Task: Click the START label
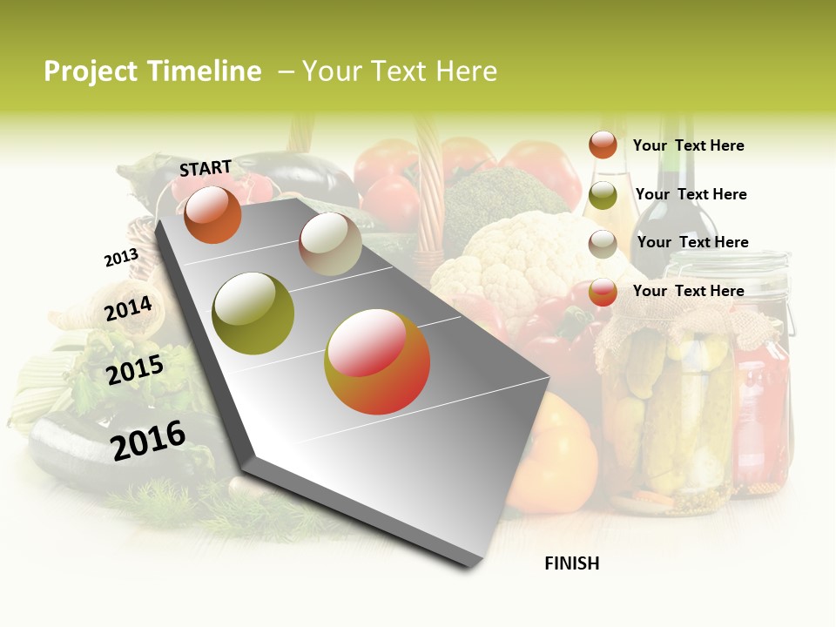coord(206,168)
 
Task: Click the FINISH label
coord(572,563)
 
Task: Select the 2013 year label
coord(121,258)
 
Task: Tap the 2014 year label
coord(129,308)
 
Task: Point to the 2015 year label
coord(135,370)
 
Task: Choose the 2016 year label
coord(148,440)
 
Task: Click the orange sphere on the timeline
coord(212,214)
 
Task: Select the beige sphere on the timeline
coord(330,244)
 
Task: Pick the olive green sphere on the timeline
coord(253,313)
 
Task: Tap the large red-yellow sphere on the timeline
coord(377,361)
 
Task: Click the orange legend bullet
coord(603,145)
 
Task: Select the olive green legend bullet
coord(603,195)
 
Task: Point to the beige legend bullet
coord(603,244)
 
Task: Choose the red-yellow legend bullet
coord(603,292)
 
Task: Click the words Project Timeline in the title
coord(152,71)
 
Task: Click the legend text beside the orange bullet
coord(688,145)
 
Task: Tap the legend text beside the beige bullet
coord(692,242)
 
